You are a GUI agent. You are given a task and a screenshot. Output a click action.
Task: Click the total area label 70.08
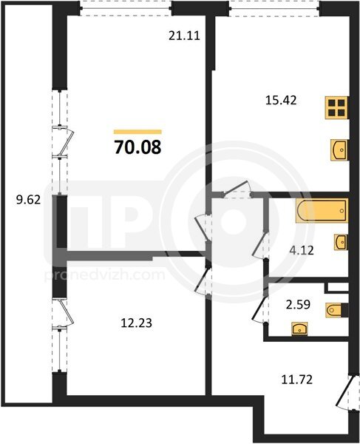pos(137,147)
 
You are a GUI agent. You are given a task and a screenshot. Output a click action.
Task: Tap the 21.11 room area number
pos(184,36)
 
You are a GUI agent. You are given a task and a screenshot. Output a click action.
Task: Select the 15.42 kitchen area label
pos(281,100)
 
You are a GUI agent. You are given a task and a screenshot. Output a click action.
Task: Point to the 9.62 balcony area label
pos(28,201)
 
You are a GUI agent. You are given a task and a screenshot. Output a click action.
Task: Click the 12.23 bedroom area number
pos(136,323)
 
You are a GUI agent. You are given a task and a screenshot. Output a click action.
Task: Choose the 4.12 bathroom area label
pos(302,250)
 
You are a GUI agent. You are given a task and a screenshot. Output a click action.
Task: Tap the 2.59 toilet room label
pos(298,305)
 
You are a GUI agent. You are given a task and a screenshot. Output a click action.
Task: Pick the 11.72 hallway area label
pos(297,380)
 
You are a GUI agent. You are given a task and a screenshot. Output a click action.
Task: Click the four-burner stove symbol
pos(336,107)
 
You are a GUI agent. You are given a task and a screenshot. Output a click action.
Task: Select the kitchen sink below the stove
pos(339,149)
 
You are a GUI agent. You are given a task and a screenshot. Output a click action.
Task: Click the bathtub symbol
pos(322,210)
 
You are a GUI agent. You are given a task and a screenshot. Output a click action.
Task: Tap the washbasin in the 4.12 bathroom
pos(341,242)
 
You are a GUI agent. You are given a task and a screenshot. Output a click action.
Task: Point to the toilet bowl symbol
pos(337,310)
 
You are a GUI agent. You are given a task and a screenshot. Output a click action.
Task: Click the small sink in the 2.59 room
pos(300,329)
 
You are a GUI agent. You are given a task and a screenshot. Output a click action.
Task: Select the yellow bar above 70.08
pos(137,132)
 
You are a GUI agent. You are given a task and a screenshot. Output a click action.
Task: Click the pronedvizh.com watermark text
pos(104,275)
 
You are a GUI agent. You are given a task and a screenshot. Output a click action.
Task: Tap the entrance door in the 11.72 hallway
pos(346,392)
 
